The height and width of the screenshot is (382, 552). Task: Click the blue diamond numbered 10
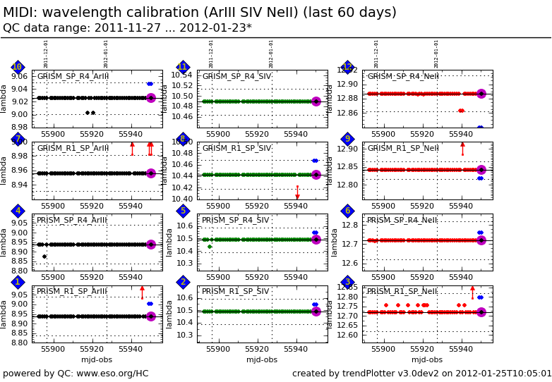tap(18, 67)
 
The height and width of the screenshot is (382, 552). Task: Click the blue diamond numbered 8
tap(183, 139)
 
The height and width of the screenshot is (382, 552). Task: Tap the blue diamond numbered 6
tap(347, 211)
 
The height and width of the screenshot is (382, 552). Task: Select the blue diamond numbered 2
tap(183, 283)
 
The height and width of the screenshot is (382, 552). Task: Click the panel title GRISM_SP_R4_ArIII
tap(73, 77)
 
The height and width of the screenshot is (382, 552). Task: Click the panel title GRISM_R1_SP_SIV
tap(236, 149)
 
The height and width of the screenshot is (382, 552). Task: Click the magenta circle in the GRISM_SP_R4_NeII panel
tap(481, 94)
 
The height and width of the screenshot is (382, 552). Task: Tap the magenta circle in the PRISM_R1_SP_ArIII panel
tap(150, 316)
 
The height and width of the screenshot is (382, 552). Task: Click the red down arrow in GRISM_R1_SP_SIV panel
tap(297, 197)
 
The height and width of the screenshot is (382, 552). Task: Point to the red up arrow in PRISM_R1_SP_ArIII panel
tap(142, 288)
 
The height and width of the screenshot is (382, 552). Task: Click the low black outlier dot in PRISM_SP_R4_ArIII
tap(44, 257)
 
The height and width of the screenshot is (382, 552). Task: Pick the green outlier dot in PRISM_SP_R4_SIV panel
tap(210, 247)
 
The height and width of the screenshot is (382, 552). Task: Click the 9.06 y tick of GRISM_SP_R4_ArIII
tap(19, 77)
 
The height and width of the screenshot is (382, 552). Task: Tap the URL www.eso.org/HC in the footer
tap(113, 374)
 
